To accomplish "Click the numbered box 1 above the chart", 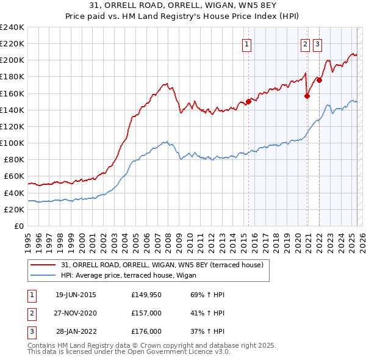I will [247, 43].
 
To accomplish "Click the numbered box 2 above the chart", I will [304, 43].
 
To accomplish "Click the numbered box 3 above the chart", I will [318, 43].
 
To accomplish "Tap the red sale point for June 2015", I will [248, 102].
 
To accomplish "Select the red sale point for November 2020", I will [307, 96].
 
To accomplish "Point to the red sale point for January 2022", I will [319, 80].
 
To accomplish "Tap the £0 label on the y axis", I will [18, 226].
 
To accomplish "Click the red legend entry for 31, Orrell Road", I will [162, 265].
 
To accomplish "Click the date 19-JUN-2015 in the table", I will [76, 295].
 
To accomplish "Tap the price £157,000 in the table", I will [146, 313].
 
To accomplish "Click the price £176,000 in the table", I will [146, 331].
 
